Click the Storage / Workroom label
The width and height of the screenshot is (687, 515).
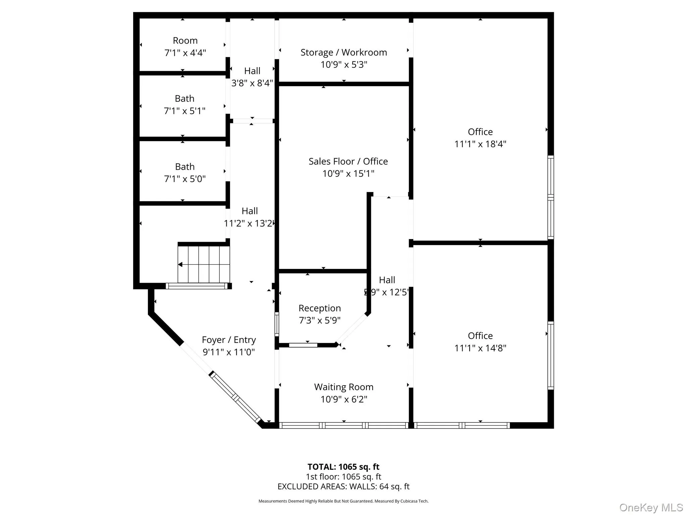pyautogui.click(x=343, y=52)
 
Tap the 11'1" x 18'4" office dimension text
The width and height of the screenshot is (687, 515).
pyautogui.click(x=480, y=144)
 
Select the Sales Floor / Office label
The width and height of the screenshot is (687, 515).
pyautogui.click(x=348, y=161)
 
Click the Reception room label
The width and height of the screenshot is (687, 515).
pyautogui.click(x=319, y=308)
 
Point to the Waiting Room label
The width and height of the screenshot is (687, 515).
pyautogui.click(x=343, y=387)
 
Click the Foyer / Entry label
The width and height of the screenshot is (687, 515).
pyautogui.click(x=228, y=340)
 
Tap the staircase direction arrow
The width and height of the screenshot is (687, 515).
pyautogui.click(x=180, y=265)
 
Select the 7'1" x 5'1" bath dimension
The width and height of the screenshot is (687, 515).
pyautogui.click(x=184, y=111)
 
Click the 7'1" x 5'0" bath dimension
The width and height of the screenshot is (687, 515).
pyautogui.click(x=184, y=179)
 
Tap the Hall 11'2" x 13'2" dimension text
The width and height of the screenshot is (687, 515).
pyautogui.click(x=249, y=223)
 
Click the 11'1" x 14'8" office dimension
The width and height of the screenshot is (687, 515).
pyautogui.click(x=480, y=348)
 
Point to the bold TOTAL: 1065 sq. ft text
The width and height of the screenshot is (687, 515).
pyautogui.click(x=343, y=467)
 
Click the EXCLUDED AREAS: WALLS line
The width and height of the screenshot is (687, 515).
pyautogui.click(x=343, y=487)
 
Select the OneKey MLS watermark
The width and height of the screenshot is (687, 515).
pyautogui.click(x=651, y=507)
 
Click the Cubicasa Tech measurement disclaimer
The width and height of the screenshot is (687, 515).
pyautogui.click(x=343, y=501)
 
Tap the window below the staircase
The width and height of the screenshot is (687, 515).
pyautogui.click(x=197, y=286)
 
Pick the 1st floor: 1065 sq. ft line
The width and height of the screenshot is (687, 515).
pyautogui.click(x=343, y=476)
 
